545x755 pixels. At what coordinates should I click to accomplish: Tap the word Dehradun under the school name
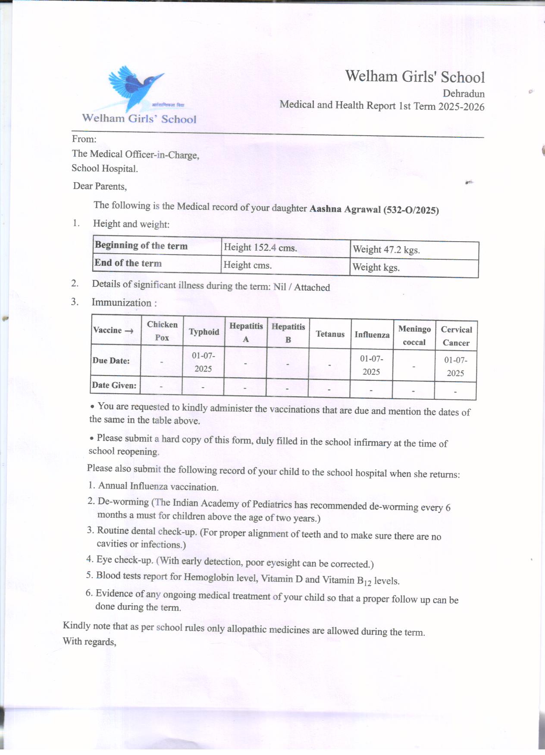464,93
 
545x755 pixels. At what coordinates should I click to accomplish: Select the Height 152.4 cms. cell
260,248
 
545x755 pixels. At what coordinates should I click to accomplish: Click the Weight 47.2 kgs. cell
386,249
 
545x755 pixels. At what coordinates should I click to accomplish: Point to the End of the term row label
128,263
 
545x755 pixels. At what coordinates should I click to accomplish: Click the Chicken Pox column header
162,331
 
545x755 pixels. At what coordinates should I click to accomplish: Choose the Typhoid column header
204,332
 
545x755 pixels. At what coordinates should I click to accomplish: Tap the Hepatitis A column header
246,332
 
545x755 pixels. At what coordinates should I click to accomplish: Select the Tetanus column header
330,334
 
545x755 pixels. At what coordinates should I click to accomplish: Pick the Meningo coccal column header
414,336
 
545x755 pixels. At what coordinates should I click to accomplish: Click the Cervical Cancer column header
456,336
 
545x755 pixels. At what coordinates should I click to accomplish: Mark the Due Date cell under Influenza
371,365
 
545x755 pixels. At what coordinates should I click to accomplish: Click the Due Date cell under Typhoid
203,362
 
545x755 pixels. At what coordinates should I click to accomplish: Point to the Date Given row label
114,385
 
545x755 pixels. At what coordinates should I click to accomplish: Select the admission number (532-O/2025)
411,210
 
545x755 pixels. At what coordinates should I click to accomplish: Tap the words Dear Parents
100,186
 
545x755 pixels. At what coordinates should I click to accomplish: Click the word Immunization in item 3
122,302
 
